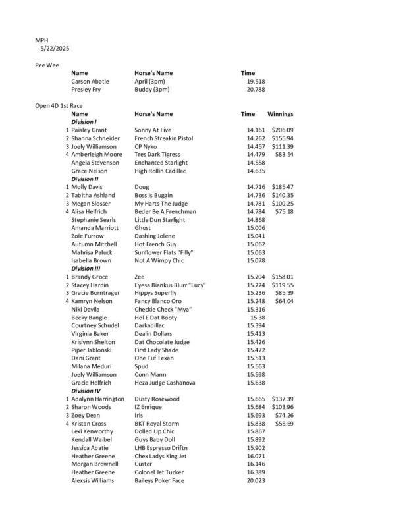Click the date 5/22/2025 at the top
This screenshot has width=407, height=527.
[55, 48]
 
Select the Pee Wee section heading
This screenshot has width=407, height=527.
[47, 65]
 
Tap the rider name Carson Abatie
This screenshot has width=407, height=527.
[90, 81]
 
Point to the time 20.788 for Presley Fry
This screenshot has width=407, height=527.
[256, 89]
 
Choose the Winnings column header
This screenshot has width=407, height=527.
[281, 114]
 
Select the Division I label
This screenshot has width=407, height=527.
[84, 122]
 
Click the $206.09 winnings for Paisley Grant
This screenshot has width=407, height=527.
[282, 130]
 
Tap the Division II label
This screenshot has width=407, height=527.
[85, 179]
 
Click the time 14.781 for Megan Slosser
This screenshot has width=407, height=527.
[256, 204]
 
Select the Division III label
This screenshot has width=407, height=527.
[86, 268]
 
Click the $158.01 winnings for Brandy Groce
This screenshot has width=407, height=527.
[282, 277]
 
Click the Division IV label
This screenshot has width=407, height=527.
[86, 391]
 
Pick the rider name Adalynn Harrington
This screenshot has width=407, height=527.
[97, 399]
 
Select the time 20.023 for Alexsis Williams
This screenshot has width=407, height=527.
[256, 480]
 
